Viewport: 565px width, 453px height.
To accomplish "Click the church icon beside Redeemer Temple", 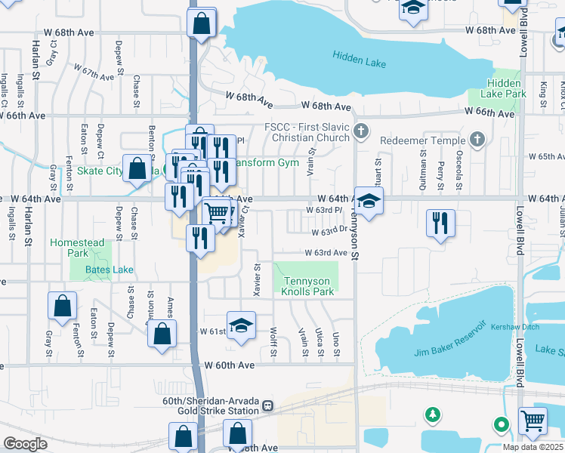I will (x=477, y=139).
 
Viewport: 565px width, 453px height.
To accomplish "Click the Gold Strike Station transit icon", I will (x=267, y=405).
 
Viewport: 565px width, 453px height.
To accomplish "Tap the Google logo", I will (x=25, y=444).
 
